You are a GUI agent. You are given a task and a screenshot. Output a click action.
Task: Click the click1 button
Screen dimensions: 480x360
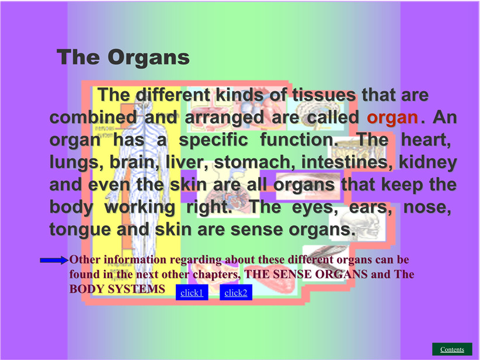point(192,292)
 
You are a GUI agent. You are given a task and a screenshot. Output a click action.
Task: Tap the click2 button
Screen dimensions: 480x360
point(236,292)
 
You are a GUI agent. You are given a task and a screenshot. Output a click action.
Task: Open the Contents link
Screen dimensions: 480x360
point(452,349)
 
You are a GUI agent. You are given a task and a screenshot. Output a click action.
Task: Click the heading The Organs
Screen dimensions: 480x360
point(123,57)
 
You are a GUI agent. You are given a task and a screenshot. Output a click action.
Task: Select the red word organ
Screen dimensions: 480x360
point(392,117)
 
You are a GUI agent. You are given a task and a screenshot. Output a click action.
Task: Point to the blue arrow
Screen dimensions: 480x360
point(54,260)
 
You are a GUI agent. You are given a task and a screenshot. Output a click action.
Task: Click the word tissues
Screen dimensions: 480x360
point(324,95)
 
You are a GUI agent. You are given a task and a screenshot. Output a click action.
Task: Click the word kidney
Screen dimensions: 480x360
point(428,162)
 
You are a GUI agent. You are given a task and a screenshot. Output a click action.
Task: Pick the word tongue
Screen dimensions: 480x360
point(80,230)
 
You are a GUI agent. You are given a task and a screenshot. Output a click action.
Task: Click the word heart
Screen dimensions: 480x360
point(426,140)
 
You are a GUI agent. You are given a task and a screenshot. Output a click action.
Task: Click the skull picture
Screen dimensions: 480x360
point(359,225)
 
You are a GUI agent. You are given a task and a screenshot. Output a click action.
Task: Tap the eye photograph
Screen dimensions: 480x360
point(308,186)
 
